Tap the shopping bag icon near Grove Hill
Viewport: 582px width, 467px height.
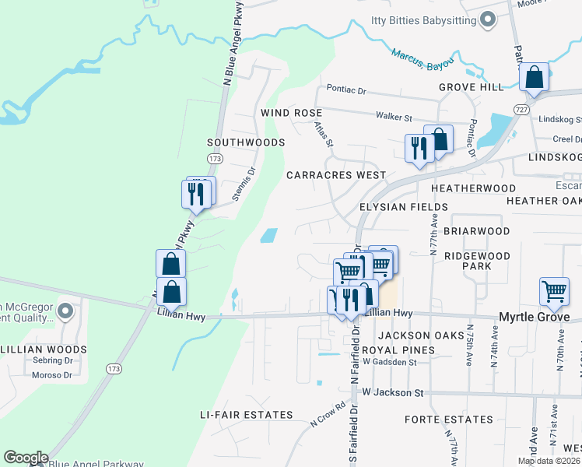[x=535, y=78]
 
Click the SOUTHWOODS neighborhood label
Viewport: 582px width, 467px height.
[x=245, y=142]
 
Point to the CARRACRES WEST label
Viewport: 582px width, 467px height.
[x=336, y=175]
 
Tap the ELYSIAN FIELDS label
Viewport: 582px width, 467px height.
[x=403, y=206]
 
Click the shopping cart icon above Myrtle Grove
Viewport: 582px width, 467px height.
[x=554, y=292]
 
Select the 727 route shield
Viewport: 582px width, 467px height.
[x=521, y=111]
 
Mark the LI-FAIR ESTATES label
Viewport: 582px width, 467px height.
[x=246, y=415]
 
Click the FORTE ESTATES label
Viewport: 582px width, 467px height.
[x=449, y=420]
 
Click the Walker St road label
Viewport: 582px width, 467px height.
[x=394, y=118]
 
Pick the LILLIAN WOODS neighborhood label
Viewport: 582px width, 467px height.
[x=43, y=349]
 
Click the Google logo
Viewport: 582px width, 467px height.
[x=26, y=458]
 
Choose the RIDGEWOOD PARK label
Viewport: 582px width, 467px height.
[x=477, y=261]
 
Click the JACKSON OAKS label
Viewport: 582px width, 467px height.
[x=417, y=335]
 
